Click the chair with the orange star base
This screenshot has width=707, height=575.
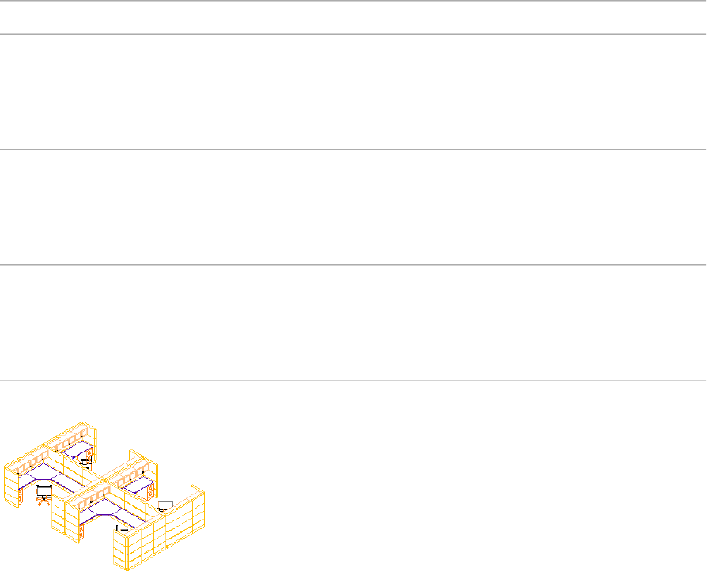[44, 493]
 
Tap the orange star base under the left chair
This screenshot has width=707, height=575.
[42, 503]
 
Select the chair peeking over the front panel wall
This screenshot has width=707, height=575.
[122, 528]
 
